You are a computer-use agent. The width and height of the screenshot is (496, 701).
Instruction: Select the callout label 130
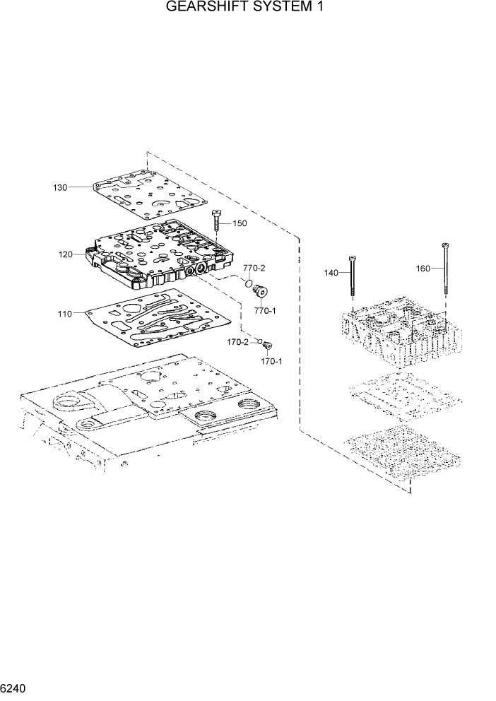60,187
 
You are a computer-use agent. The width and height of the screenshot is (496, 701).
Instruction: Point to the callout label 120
65,254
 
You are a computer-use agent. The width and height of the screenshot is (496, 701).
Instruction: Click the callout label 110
64,313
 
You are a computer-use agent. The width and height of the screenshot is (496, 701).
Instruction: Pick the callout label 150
240,224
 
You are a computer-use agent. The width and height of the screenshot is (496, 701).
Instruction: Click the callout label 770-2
254,269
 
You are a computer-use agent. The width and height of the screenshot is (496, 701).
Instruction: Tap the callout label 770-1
265,310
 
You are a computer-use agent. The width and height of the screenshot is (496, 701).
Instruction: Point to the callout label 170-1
271,361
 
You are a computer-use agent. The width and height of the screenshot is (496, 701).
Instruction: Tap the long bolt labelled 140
351,283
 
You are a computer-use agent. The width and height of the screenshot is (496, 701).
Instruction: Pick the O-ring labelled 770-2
249,285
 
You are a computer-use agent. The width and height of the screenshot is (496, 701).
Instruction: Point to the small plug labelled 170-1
267,346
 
